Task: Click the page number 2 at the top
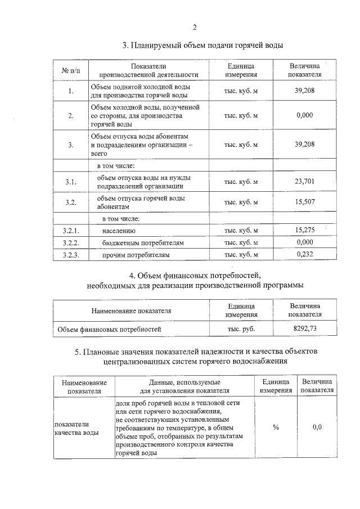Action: [195, 28]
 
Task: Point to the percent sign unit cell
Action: [276, 427]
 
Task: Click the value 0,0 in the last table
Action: [317, 427]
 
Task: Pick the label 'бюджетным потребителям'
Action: [143, 243]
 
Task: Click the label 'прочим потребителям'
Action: [136, 255]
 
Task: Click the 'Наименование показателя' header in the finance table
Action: [131, 310]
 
